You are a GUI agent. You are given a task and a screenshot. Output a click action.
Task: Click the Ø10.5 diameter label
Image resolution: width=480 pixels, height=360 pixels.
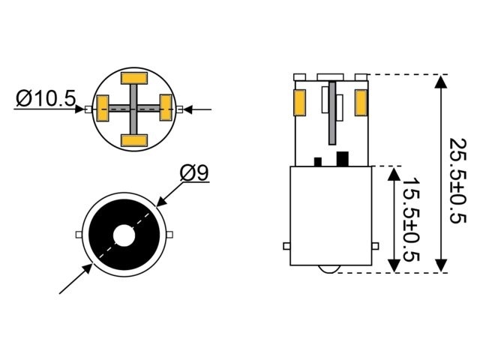coord(46,98)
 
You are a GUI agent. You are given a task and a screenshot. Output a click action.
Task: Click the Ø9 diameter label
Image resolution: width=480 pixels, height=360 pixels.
coord(194,172)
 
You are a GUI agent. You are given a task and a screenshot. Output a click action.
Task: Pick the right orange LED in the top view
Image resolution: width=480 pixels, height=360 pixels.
coord(166,109)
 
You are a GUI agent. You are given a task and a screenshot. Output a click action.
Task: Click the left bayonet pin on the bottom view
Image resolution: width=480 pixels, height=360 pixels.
coord(79,235)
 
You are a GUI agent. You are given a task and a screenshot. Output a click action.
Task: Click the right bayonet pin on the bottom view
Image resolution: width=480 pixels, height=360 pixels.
coord(170,235)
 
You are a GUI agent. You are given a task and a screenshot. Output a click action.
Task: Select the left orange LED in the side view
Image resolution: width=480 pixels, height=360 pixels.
coord(299,103)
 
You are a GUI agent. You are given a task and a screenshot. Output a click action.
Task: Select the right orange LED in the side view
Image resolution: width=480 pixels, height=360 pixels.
coord(361,103)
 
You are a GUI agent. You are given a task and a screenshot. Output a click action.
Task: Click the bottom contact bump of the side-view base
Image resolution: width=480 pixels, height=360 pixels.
coord(330,268)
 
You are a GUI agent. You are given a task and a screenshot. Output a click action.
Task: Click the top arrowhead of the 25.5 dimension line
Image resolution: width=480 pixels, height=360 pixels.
coord(441,81)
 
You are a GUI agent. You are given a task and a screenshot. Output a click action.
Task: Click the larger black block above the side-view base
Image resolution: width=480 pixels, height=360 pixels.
coord(343,158)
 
